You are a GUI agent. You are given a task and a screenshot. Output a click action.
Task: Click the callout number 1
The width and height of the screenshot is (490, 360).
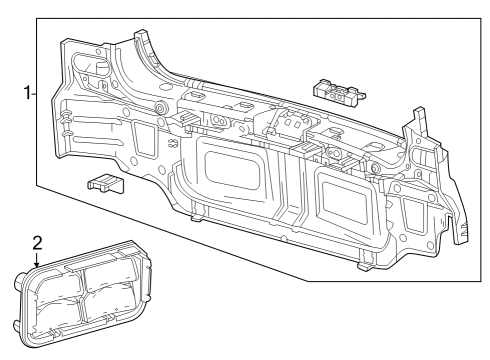click(x=27, y=94)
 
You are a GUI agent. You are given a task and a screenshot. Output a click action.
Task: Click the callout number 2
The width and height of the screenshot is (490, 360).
click(x=37, y=242)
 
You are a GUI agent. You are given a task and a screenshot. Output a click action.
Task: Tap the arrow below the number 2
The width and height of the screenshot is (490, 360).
click(x=37, y=261)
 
